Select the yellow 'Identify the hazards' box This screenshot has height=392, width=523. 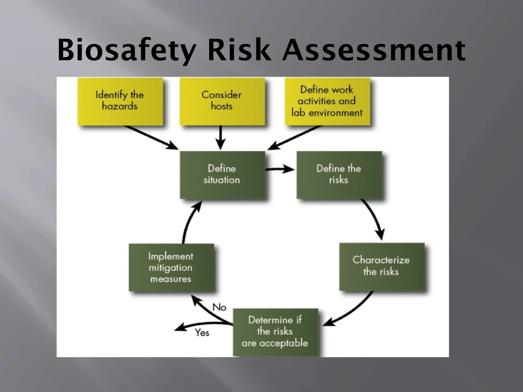[120, 101]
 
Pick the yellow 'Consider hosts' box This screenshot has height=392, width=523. [222, 101]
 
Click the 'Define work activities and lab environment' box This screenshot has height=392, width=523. [327, 101]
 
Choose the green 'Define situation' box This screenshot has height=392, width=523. [222, 175]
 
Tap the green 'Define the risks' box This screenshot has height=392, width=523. [339, 175]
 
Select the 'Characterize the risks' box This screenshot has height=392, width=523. [382, 266]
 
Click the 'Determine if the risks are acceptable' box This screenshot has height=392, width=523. [275, 332]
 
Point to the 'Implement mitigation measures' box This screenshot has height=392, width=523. [171, 267]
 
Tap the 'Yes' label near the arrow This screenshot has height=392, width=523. [202, 333]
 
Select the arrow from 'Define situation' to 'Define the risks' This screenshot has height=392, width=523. [280, 169]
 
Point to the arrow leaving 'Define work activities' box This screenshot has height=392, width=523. [294, 138]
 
